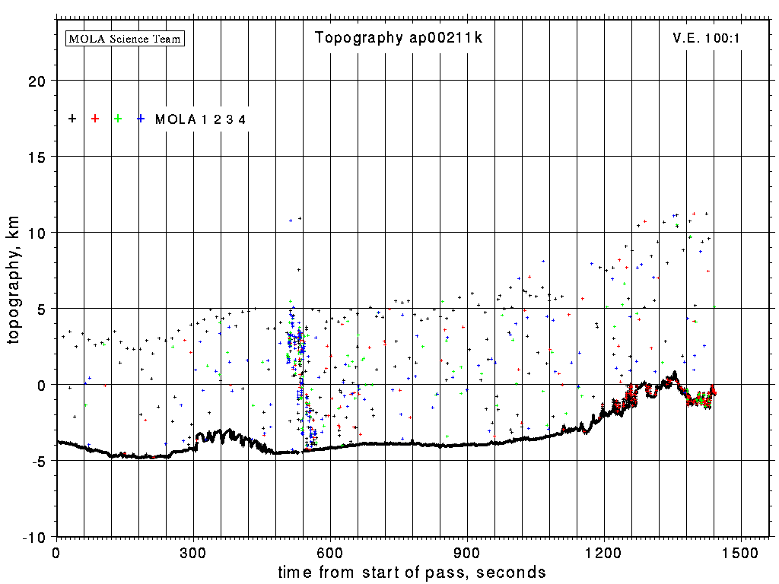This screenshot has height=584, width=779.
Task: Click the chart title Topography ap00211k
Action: pyautogui.click(x=399, y=38)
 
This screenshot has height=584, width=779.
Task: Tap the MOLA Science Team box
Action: pyautogui.click(x=126, y=38)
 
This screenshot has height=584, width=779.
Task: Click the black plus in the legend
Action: pyautogui.click(x=72, y=119)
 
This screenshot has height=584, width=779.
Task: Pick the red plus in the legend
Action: pyautogui.click(x=95, y=119)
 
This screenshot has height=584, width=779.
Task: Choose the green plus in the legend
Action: pyautogui.click(x=118, y=119)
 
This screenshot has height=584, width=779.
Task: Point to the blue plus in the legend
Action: pyautogui.click(x=141, y=119)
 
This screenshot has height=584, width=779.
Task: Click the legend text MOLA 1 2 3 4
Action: pyautogui.click(x=200, y=119)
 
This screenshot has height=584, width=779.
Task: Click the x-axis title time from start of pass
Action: pyautogui.click(x=412, y=572)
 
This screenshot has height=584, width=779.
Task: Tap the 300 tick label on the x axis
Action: pyautogui.click(x=193, y=551)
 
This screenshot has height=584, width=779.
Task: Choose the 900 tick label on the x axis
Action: pyautogui.click(x=467, y=551)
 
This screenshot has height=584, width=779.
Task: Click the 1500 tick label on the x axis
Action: pyautogui.click(x=742, y=551)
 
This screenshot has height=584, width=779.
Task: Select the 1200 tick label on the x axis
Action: pyautogui.click(x=605, y=551)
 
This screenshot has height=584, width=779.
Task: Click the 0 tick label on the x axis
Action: pyautogui.click(x=56, y=551)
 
